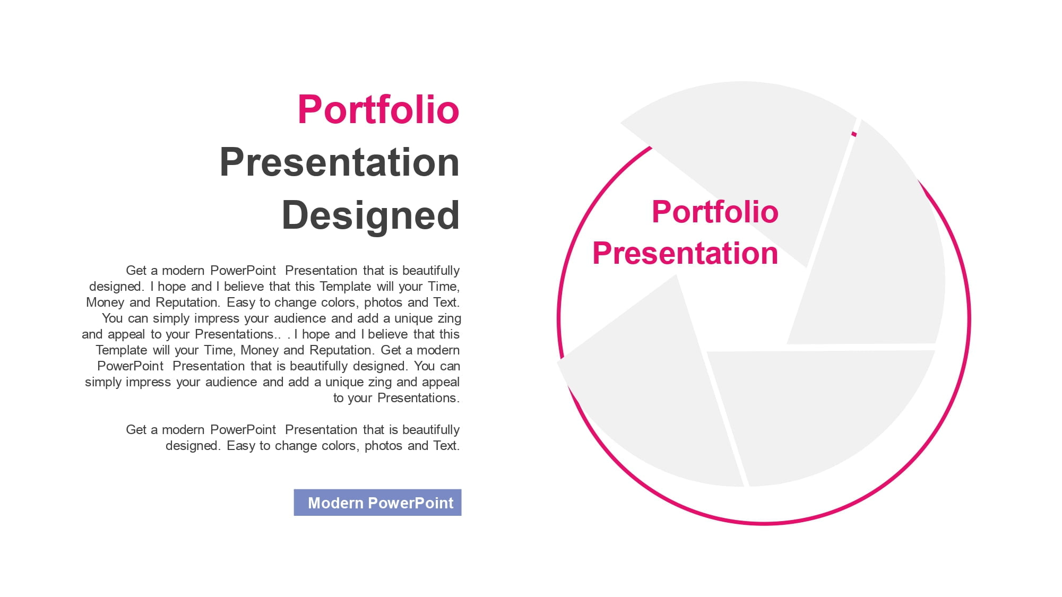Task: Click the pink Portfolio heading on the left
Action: click(x=378, y=110)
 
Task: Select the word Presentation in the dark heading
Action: click(x=340, y=162)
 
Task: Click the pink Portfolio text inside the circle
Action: click(x=715, y=212)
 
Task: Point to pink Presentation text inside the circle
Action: click(x=685, y=253)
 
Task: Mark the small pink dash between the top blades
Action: click(x=854, y=134)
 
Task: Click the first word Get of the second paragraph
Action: click(x=136, y=430)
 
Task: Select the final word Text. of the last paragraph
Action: click(x=446, y=446)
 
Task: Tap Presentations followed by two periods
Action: click(x=237, y=334)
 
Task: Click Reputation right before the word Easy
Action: click(x=188, y=302)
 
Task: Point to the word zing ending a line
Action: click(x=449, y=318)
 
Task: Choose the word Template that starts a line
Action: click(x=122, y=350)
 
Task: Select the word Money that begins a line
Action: click(x=105, y=302)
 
